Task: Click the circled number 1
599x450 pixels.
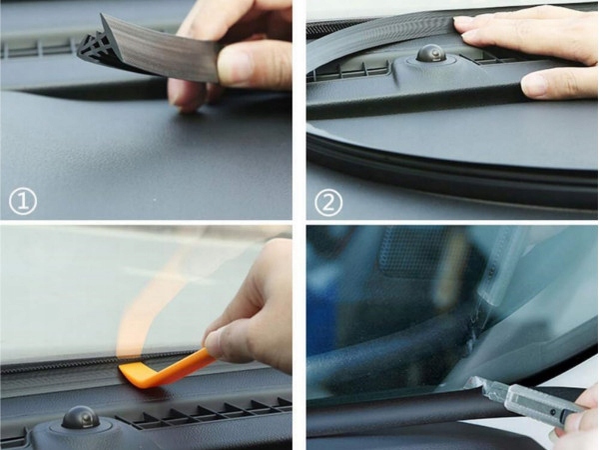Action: click(23, 201)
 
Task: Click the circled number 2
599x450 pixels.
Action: click(328, 202)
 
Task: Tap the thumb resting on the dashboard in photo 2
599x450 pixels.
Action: click(558, 85)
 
